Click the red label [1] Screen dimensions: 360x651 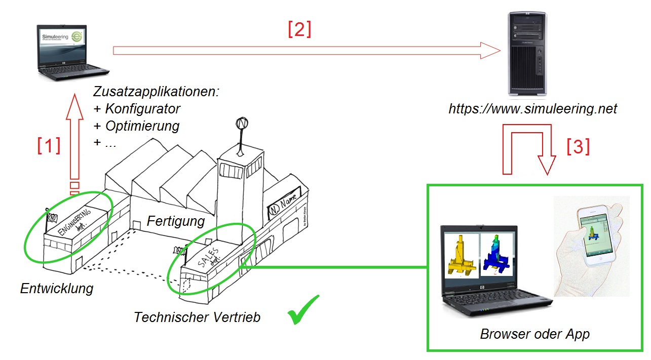click(x=49, y=146)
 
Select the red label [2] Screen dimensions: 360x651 click(x=299, y=30)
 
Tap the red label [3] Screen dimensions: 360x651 click(x=578, y=147)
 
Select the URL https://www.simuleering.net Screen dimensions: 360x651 click(x=533, y=109)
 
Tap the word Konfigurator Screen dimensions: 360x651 click(x=142, y=109)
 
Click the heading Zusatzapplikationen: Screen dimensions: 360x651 click(x=156, y=92)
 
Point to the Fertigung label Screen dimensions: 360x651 click(x=175, y=221)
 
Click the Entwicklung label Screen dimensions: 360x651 click(x=57, y=289)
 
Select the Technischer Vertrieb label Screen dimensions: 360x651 click(x=197, y=317)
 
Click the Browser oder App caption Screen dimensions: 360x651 click(x=534, y=335)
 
